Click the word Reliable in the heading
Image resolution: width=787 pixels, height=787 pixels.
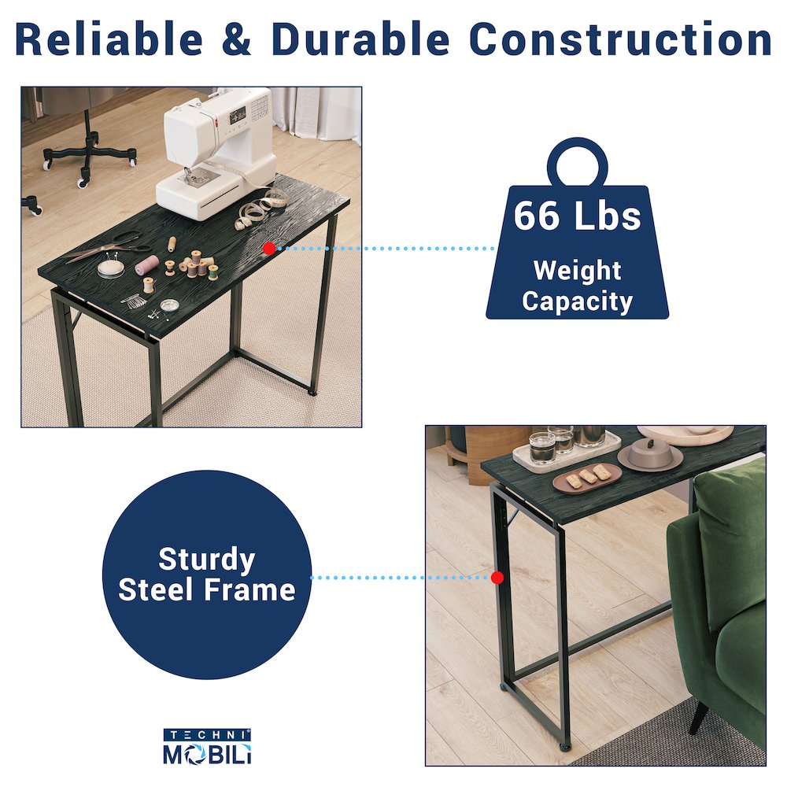(109, 39)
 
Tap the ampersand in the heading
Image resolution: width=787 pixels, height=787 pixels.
(236, 39)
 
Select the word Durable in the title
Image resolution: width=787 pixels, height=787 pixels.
(360, 39)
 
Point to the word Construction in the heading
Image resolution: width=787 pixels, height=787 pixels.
(620, 39)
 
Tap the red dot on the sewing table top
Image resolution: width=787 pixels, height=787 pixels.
(269, 248)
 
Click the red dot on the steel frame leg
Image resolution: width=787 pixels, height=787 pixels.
(497, 578)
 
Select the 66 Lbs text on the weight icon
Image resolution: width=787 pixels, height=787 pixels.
(577, 216)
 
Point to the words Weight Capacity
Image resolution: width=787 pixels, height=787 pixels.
(577, 286)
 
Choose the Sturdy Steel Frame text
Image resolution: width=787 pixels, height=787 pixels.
(207, 575)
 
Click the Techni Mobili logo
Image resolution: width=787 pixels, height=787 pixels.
(207, 747)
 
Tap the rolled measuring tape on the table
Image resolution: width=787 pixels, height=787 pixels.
(260, 211)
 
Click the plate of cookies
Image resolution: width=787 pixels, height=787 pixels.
(587, 478)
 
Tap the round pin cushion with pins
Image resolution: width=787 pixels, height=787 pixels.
(110, 268)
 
